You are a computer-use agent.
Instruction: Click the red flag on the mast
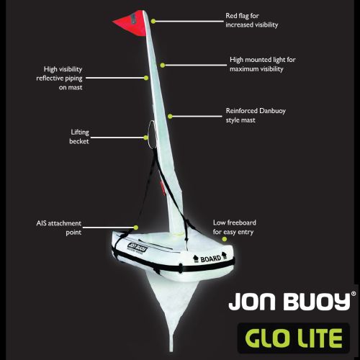[132, 24]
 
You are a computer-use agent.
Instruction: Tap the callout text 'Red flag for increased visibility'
[252, 20]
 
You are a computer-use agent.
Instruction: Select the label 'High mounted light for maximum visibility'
[263, 64]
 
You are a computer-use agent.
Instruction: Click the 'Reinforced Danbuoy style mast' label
[256, 115]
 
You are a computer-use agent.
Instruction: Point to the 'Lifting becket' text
[79, 137]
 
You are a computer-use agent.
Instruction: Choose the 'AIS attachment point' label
[59, 228]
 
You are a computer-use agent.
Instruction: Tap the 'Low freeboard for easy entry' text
[235, 227]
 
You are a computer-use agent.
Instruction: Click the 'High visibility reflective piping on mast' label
[59, 78]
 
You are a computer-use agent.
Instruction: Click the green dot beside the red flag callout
[153, 22]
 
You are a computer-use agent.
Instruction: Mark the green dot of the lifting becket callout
[145, 138]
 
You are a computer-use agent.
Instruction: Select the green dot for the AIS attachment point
[136, 228]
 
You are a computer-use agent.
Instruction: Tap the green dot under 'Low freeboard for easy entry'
[225, 239]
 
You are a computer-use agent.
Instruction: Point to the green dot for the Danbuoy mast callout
[170, 117]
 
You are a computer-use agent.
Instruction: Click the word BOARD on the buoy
[211, 259]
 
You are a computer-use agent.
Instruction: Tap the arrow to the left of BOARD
[196, 258]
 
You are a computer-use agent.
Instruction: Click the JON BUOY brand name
[289, 302]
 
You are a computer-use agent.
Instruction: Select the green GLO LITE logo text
[294, 338]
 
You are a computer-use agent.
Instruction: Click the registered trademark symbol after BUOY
[354, 294]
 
